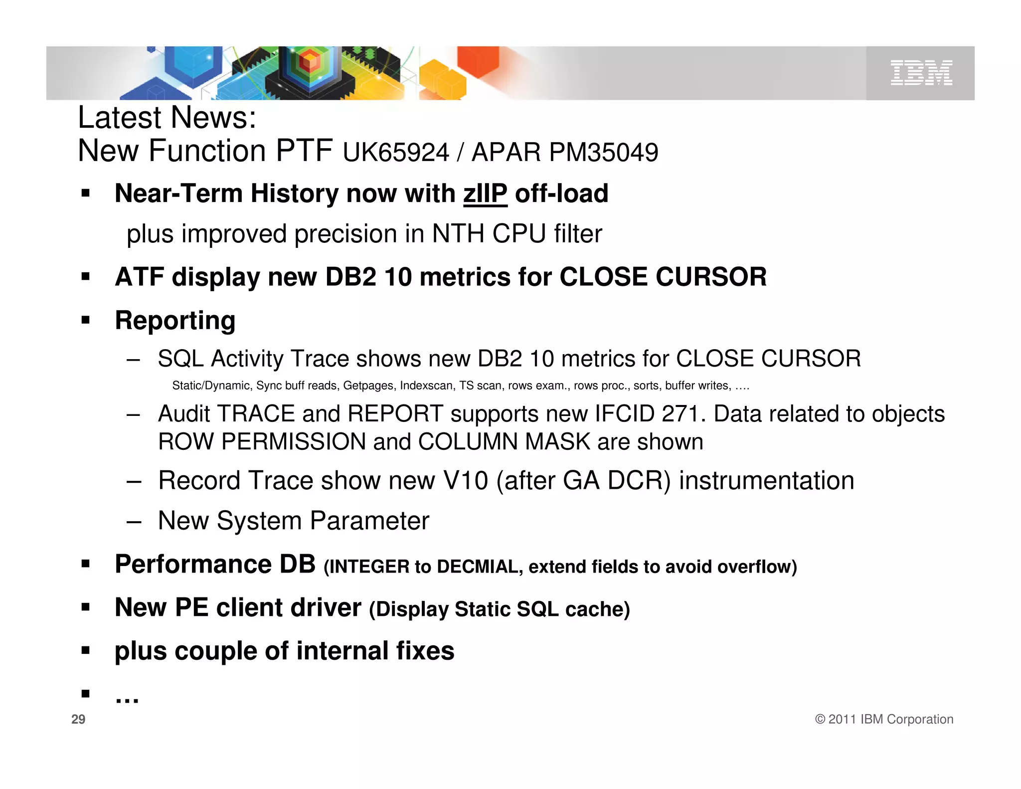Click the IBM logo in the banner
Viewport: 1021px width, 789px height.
point(921,73)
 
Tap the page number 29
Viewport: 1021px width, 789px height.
point(78,719)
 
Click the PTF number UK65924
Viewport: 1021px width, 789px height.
point(396,153)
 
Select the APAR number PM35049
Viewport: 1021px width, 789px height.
point(603,153)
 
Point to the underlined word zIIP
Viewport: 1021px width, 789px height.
point(485,194)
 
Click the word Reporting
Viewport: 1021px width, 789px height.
point(175,320)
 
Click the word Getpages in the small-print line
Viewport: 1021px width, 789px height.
point(368,386)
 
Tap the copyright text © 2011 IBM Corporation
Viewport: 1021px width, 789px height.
point(884,719)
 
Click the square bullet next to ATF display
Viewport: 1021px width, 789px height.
point(86,276)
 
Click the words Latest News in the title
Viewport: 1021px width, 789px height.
point(167,118)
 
